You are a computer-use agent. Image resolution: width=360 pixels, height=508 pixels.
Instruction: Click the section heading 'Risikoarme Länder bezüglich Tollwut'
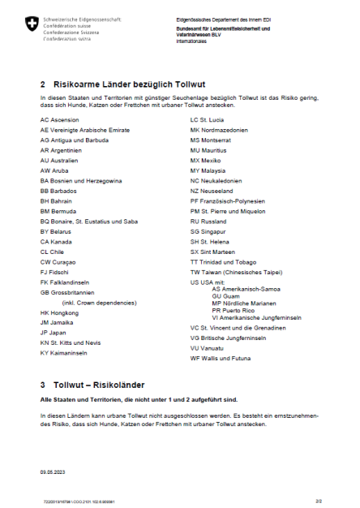click(x=136, y=84)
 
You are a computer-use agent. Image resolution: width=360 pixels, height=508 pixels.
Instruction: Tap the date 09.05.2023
click(x=53, y=469)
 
